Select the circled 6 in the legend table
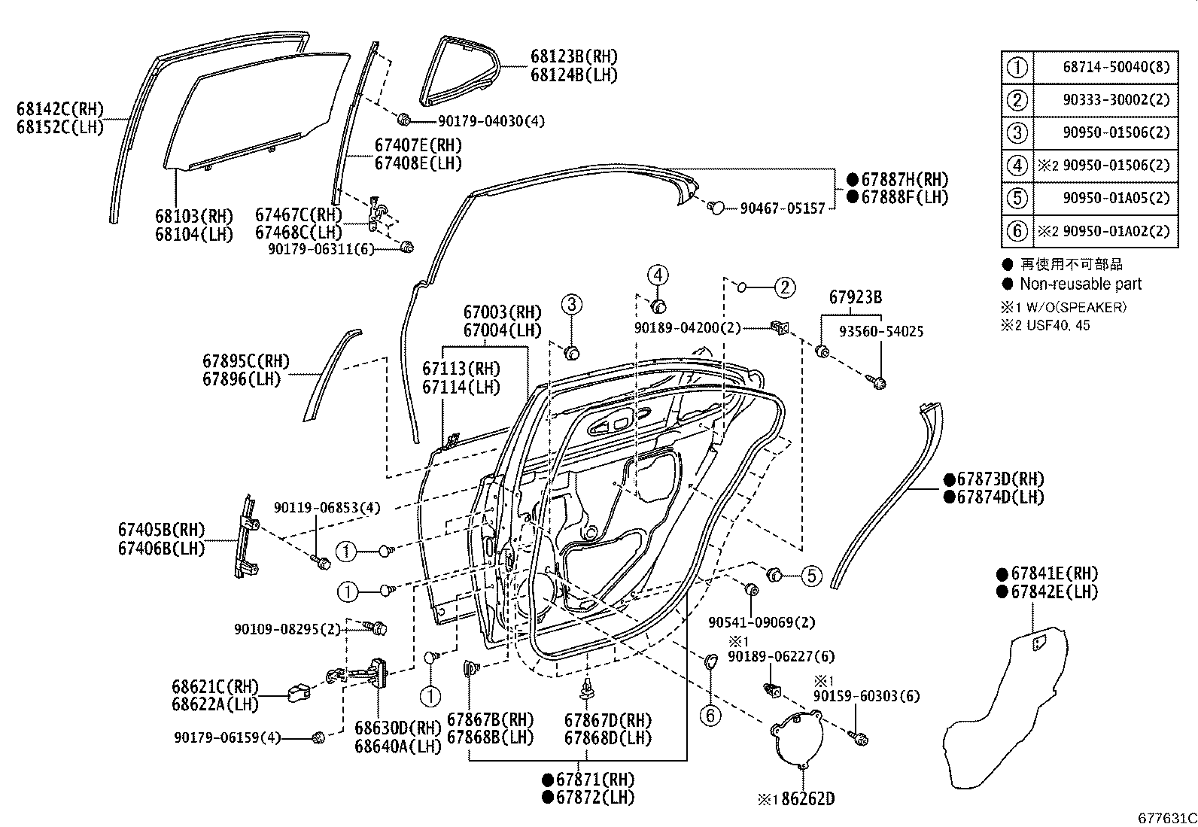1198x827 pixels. (x=1017, y=231)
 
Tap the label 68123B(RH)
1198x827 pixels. (x=573, y=56)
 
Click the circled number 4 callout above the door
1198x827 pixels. (x=657, y=275)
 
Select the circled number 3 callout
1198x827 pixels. (x=571, y=305)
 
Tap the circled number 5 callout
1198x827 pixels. (x=810, y=576)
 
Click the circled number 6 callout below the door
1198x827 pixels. (x=710, y=714)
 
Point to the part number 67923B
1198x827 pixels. (x=856, y=297)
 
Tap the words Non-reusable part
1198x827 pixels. (x=1080, y=284)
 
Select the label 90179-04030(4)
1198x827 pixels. (x=491, y=120)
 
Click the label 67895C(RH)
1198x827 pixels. (x=245, y=361)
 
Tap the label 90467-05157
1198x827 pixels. (x=783, y=208)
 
